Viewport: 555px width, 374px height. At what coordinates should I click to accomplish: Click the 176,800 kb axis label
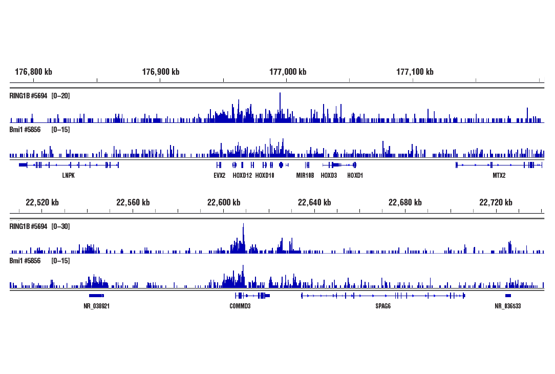(x=33, y=72)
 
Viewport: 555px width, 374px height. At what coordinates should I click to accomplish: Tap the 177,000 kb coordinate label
(x=288, y=72)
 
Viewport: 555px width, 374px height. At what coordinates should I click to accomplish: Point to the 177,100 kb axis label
(x=415, y=72)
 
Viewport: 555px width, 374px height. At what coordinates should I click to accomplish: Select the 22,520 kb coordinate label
(x=42, y=202)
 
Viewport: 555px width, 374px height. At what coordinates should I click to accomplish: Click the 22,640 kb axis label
(x=314, y=202)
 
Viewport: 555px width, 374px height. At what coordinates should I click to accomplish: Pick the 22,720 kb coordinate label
(x=496, y=202)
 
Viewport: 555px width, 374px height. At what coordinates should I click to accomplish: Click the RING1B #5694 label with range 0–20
(x=39, y=96)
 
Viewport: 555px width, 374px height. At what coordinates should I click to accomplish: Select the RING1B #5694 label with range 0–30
(x=39, y=226)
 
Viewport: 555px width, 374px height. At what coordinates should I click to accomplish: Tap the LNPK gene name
(x=68, y=175)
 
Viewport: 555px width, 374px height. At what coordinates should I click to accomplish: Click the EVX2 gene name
(x=219, y=175)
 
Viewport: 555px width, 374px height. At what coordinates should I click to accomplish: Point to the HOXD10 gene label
(x=265, y=175)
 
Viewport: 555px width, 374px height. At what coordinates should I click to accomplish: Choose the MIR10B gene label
(x=305, y=175)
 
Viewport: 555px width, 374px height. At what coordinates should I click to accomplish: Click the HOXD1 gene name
(x=355, y=175)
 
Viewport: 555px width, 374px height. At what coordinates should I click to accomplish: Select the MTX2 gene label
(x=499, y=175)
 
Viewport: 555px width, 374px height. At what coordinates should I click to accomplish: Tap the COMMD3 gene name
(x=240, y=306)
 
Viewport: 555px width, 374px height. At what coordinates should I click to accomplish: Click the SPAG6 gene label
(x=383, y=306)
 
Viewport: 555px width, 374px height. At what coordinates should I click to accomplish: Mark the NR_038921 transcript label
(x=97, y=306)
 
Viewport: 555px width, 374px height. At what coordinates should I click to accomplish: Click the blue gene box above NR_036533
(x=508, y=296)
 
